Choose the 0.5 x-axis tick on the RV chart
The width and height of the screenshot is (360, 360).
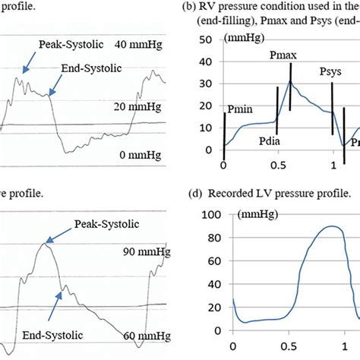[x=278, y=165]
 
